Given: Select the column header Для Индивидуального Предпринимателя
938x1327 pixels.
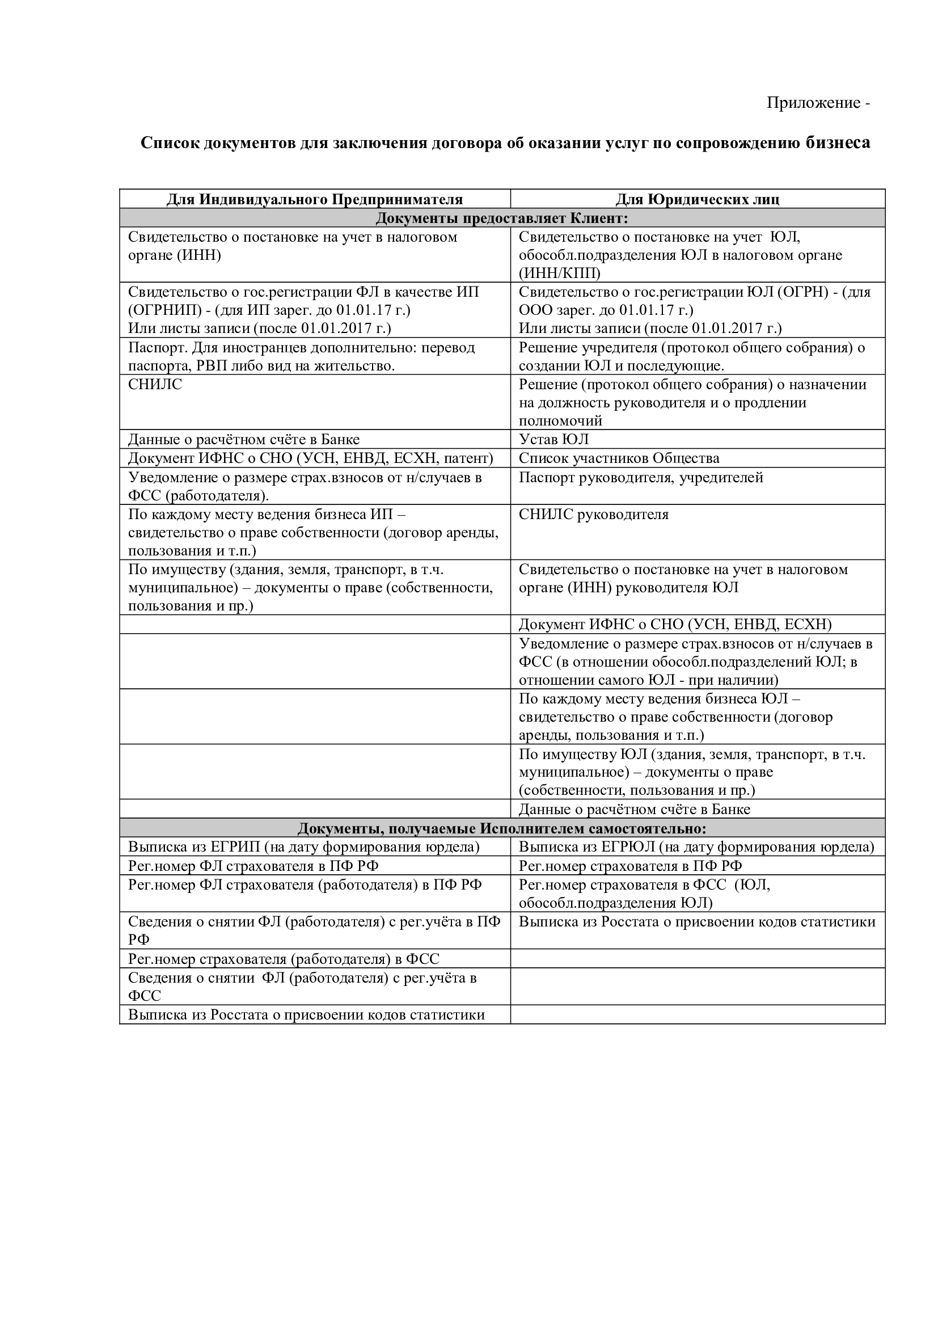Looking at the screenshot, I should tap(315, 199).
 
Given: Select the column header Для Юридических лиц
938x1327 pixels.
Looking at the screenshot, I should tap(697, 199).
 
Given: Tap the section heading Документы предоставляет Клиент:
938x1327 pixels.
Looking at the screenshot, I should tap(501, 218).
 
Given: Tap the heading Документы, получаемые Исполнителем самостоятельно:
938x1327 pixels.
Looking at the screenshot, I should tap(501, 829).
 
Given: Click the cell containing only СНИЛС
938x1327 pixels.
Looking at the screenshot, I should tap(155, 384).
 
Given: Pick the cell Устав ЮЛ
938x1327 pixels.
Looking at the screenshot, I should tap(553, 439).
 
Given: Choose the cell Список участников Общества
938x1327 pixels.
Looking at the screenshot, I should tap(619, 458).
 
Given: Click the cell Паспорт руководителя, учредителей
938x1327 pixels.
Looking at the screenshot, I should tap(640, 477).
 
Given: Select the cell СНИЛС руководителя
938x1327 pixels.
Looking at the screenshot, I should tap(593, 515).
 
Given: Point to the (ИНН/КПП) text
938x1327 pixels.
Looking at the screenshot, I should tap(559, 273).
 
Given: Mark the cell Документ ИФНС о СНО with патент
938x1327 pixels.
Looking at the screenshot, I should tap(310, 458).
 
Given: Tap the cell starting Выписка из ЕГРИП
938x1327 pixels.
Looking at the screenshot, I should tap(304, 847).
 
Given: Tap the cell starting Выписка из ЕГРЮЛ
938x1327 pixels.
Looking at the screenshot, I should tap(696, 847).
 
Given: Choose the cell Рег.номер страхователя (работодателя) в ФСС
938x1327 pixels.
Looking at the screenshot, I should tap(284, 959).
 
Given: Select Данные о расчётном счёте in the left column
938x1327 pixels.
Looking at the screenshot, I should tap(244, 439).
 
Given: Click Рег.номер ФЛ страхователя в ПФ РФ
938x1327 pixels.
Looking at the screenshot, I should tap(253, 866).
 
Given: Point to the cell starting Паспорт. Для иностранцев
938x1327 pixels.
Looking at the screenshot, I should tap(301, 357).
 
